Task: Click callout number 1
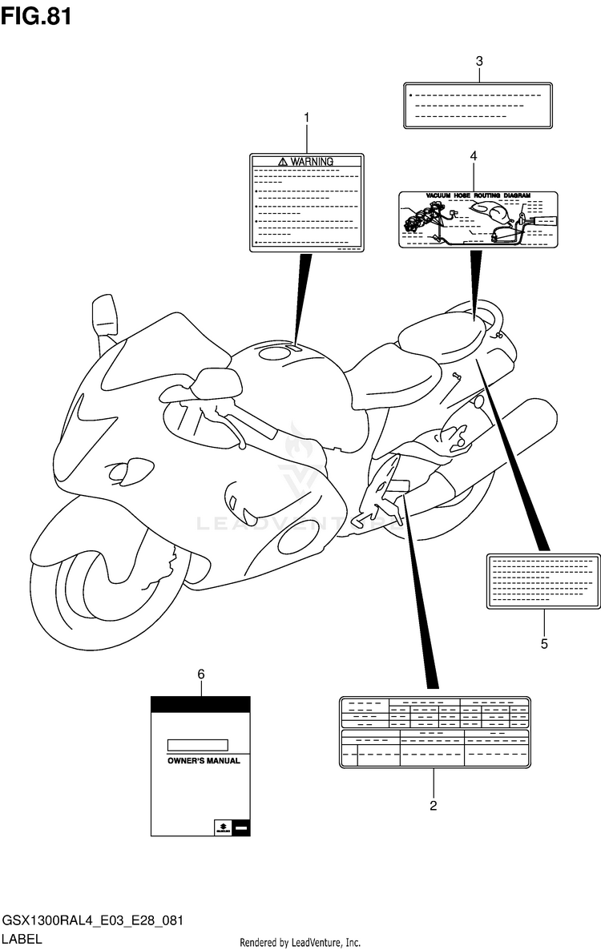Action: [306, 119]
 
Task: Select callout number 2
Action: [433, 806]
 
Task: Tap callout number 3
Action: [479, 61]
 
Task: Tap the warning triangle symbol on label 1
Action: [283, 161]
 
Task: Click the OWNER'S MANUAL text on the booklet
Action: [203, 761]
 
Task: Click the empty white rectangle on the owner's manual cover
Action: [196, 745]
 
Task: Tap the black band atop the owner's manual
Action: [200, 705]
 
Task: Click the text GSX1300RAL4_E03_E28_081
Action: [92, 921]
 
